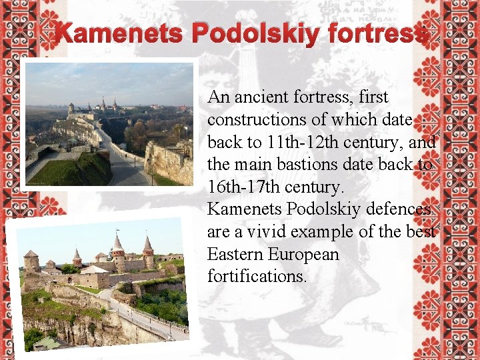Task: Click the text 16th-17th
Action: tap(246, 187)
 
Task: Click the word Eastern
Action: tap(235, 255)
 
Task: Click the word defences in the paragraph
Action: tap(395, 209)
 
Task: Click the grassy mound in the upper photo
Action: tap(80, 169)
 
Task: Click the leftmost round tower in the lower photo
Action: tap(31, 261)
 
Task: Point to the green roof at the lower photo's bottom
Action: tap(47, 343)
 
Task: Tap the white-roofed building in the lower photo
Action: tap(94, 270)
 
